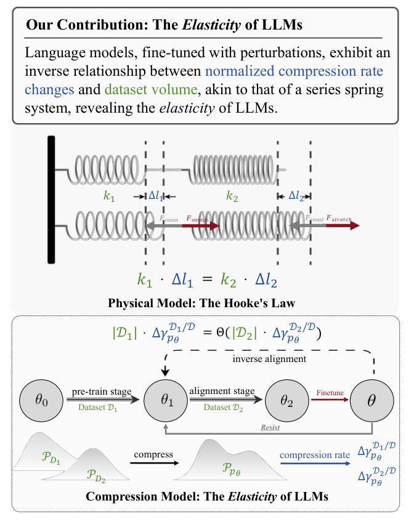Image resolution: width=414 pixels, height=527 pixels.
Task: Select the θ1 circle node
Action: point(166,400)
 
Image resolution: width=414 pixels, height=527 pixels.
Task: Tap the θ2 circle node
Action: point(285,400)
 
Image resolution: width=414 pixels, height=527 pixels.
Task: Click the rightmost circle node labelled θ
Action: point(372,400)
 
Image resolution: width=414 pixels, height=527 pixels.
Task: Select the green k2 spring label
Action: point(232,197)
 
